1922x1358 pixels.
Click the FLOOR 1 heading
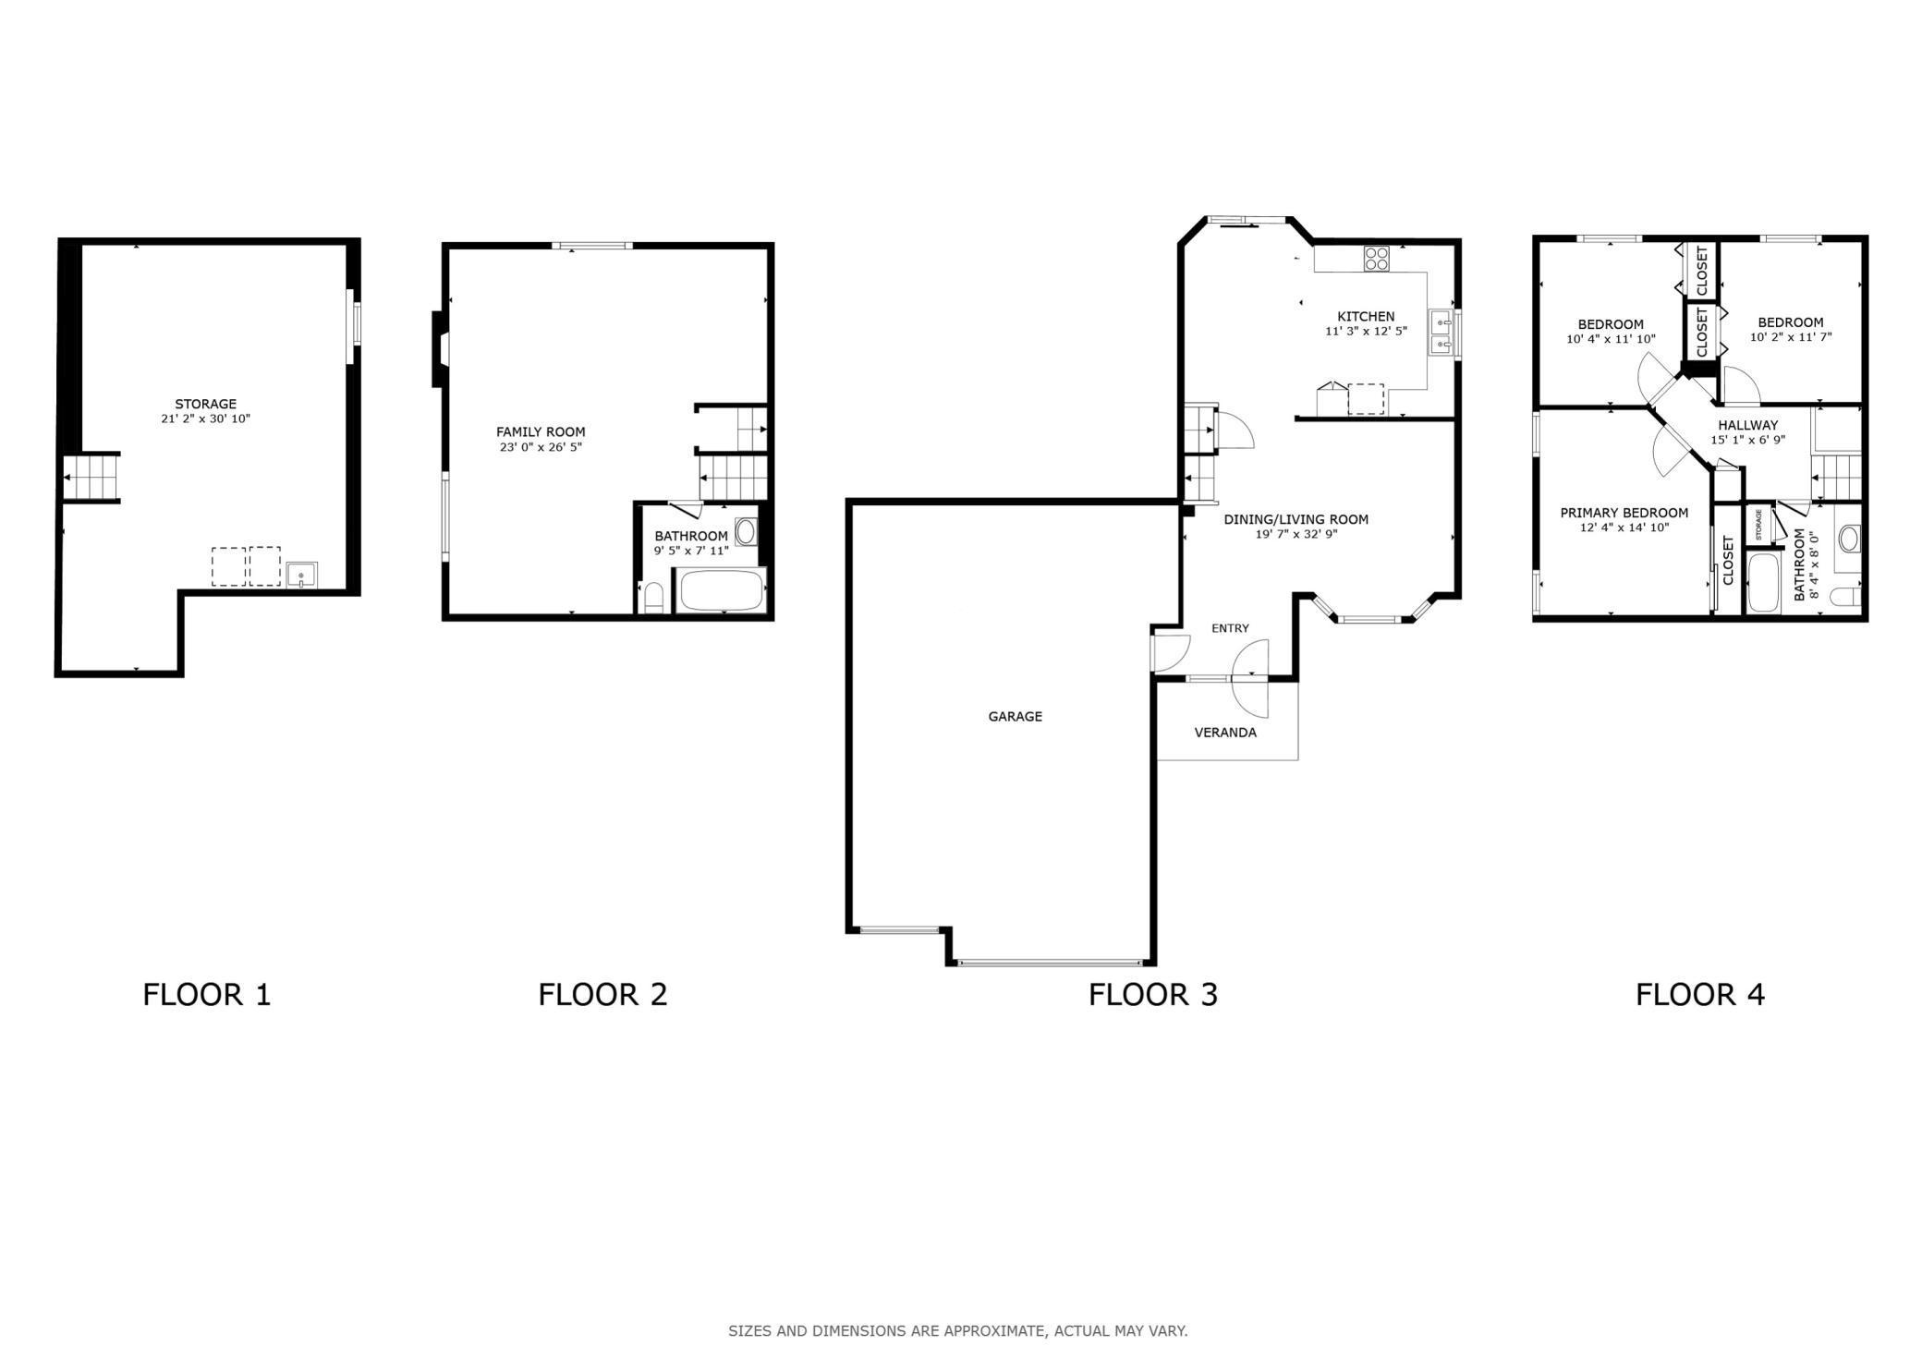207,995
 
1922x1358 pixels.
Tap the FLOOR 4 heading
1700,995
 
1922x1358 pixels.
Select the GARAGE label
1015,716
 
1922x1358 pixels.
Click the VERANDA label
1225,733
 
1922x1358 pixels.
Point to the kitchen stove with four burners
1376,258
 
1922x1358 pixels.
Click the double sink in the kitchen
1441,333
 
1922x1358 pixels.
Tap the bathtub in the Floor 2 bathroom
722,590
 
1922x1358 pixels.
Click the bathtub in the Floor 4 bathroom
1763,582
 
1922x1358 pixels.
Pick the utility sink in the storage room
301,575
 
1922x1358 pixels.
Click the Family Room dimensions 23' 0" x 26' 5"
541,447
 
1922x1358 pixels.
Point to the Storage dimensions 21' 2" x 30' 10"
205,418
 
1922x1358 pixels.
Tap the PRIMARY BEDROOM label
1624,513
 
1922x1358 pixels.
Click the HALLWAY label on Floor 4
1747,425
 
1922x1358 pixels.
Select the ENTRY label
1230,628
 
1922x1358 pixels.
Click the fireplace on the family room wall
438,349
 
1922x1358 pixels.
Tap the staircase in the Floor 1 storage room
91,478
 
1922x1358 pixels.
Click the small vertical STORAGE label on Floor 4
1758,525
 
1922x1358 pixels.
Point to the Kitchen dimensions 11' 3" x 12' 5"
1366,331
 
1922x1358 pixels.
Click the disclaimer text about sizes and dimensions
958,1331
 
